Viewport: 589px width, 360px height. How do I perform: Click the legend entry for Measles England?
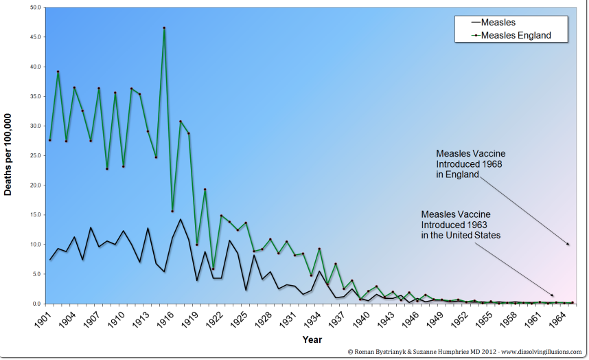[516, 35]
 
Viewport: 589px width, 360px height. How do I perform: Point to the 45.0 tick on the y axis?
[35, 37]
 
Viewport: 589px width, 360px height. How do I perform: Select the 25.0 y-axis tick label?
[35, 155]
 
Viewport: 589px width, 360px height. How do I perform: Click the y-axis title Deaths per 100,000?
[10, 155]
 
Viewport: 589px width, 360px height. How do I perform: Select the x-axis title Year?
[312, 339]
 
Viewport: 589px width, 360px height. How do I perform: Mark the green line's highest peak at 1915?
[164, 28]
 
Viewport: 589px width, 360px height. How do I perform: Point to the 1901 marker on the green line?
[49, 140]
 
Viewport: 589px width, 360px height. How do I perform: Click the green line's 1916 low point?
[172, 211]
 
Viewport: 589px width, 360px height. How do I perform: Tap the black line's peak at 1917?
[181, 219]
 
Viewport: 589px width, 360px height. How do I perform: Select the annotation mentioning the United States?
[461, 224]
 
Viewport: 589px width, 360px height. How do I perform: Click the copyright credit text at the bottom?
[465, 351]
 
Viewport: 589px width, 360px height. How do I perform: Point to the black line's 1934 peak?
[319, 271]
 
